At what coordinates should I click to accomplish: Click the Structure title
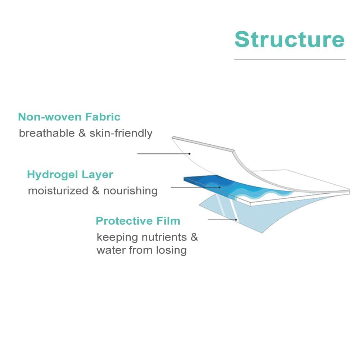pos(289,39)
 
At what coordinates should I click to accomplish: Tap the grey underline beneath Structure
pos(290,59)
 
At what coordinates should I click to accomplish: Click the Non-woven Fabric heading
pos(69,117)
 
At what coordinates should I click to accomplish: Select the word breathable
pos(47,133)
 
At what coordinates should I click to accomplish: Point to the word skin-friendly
pos(121,133)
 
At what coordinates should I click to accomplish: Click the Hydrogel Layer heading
pos(70,175)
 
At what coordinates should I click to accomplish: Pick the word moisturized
pos(58,190)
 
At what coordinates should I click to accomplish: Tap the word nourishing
pos(130,191)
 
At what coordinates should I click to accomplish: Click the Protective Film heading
pos(138,221)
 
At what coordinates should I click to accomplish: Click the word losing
pos(171,250)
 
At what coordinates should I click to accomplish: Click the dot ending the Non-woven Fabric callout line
pos(189,154)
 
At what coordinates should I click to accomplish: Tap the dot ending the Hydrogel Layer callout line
pos(220,187)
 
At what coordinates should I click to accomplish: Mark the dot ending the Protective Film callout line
pos(236,220)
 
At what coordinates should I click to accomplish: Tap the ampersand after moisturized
pos(96,190)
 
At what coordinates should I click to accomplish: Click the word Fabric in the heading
pos(103,117)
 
